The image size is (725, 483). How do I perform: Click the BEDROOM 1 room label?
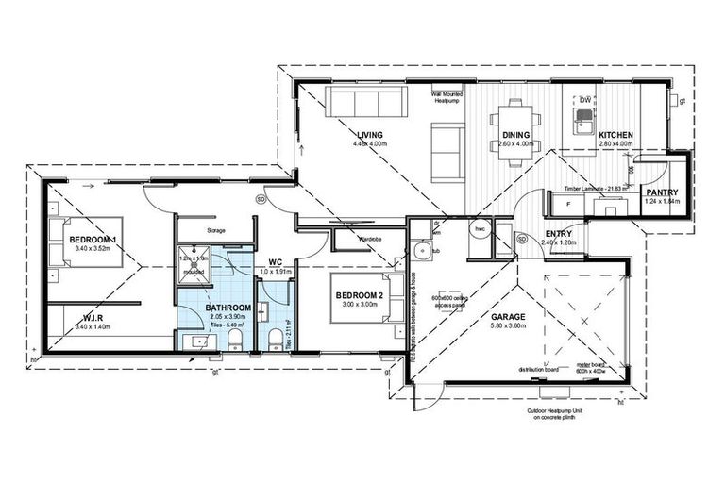click(92, 240)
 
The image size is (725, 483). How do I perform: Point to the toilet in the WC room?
click(275, 339)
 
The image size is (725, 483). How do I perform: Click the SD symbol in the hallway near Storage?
click(261, 199)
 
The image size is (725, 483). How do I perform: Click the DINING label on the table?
click(516, 135)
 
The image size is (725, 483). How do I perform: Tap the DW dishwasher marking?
click(586, 100)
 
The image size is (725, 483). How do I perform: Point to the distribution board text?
click(533, 370)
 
